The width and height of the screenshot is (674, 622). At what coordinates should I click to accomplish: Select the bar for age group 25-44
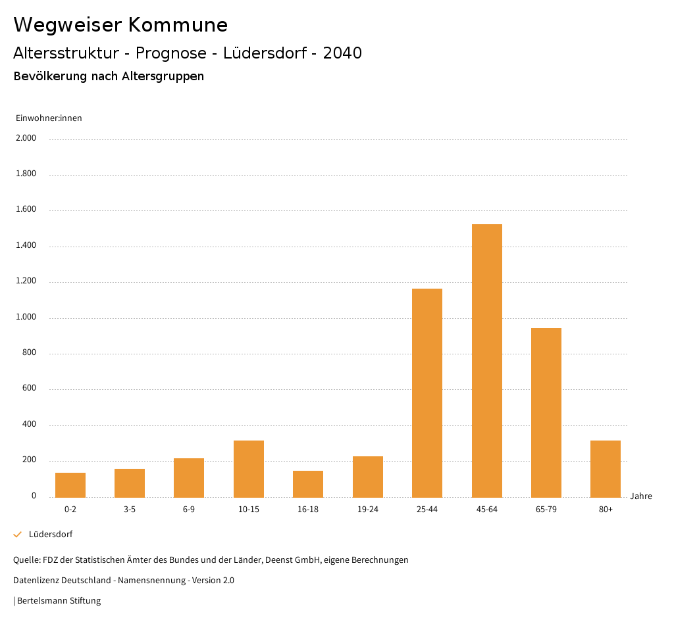pos(427,393)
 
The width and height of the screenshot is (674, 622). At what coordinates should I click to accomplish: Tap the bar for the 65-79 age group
pos(546,412)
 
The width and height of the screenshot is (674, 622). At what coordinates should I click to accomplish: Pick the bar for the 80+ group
pos(606,469)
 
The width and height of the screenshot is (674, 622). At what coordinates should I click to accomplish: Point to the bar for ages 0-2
pos(70,485)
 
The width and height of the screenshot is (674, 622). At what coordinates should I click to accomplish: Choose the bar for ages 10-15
pos(249,469)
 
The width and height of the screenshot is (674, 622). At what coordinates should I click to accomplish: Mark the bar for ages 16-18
pos(308,484)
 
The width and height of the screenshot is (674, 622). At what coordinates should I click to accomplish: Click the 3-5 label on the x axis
pos(130,510)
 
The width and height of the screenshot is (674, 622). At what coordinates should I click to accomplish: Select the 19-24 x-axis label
pos(368,510)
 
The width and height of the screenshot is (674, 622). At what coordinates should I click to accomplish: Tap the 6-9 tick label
pos(189,510)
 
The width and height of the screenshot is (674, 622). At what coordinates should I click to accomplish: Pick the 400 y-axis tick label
pos(30,425)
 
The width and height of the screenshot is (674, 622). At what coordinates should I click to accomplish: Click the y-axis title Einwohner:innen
pos(49,118)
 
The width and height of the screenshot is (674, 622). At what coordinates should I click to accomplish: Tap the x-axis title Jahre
pos(641,496)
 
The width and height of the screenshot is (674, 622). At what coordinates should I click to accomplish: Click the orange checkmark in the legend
pos(18,535)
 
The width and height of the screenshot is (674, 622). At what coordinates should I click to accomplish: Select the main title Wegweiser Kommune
pos(120,25)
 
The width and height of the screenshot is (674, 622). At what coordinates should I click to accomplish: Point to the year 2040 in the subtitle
pos(342,53)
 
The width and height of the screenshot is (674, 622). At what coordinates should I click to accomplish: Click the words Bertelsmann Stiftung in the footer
pos(59,601)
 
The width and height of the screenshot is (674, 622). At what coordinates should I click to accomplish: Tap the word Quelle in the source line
pos(26,560)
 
